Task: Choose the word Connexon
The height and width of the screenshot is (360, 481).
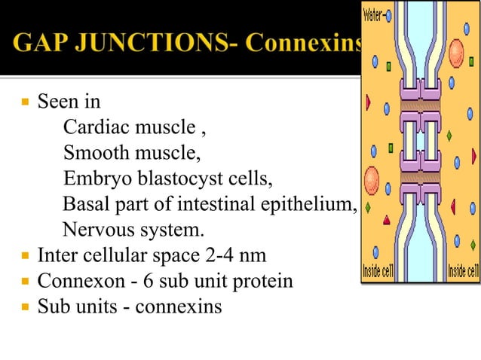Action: [x=72, y=282]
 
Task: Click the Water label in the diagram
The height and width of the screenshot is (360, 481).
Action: [x=375, y=14]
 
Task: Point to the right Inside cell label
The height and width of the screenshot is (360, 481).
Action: [x=463, y=271]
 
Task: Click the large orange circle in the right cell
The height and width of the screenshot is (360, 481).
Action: [x=457, y=52]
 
